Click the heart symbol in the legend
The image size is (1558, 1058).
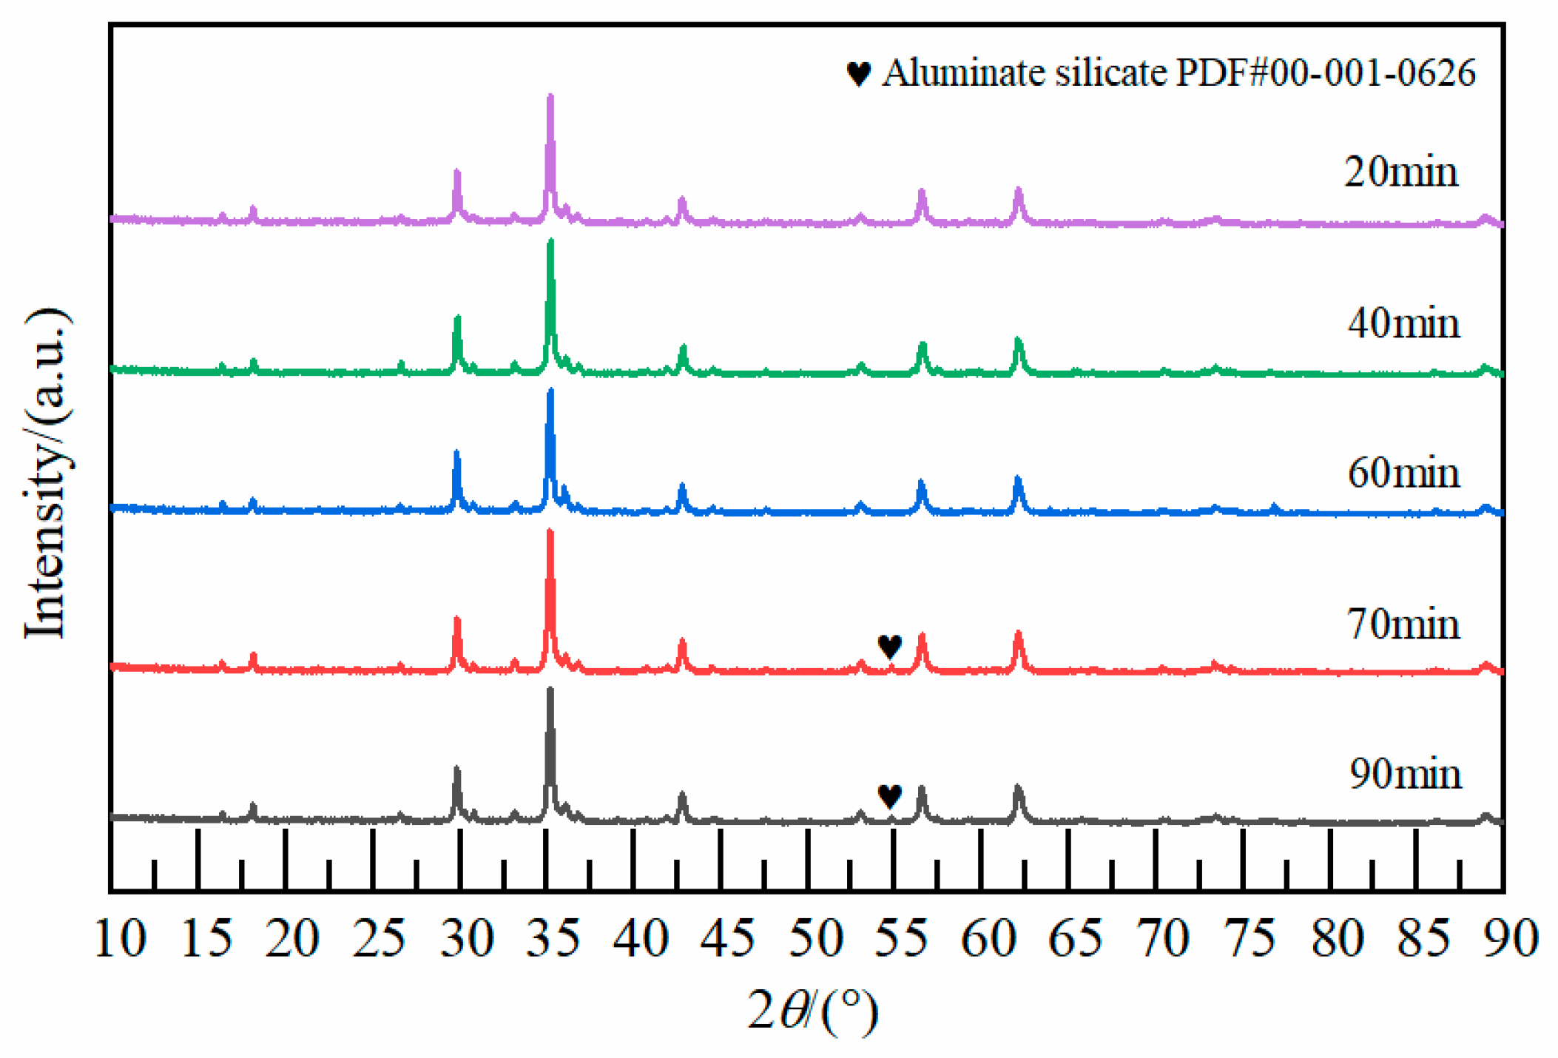coord(858,73)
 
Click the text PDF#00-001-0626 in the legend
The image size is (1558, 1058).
coord(1325,73)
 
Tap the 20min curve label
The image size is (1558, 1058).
coord(1400,172)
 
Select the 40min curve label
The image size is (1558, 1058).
coord(1403,323)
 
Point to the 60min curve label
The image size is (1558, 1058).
coord(1403,473)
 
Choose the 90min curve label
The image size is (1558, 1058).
coord(1404,774)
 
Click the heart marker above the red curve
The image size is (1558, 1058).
coord(889,646)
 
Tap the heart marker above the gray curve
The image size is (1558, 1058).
coord(889,795)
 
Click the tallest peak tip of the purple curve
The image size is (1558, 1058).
coord(550,97)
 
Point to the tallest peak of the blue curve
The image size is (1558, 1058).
coord(550,391)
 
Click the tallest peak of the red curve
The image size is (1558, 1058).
coord(550,532)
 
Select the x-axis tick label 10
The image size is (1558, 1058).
coord(121,938)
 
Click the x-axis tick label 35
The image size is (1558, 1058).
coord(553,938)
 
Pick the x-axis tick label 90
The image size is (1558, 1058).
coord(1511,938)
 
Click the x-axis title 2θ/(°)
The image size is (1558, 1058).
coord(812,1011)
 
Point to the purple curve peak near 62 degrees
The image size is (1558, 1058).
coord(1019,191)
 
